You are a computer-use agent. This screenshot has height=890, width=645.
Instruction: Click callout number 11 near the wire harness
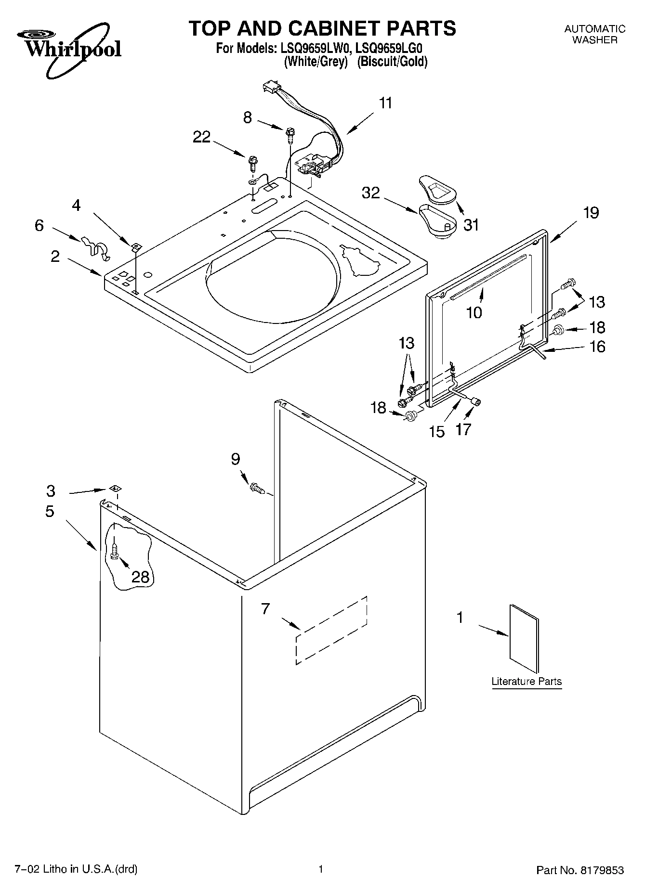[x=385, y=103]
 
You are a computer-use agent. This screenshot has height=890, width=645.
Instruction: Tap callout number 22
[x=202, y=137]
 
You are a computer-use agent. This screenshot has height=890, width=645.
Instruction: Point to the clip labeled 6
[x=95, y=246]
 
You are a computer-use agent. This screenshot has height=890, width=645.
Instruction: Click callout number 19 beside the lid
[x=591, y=212]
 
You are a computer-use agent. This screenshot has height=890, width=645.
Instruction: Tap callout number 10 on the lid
[x=474, y=312]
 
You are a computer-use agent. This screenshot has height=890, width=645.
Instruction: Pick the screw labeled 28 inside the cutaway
[x=114, y=550]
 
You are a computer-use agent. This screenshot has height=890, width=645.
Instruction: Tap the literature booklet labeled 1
[x=524, y=638]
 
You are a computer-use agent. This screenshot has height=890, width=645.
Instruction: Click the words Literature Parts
[x=527, y=682]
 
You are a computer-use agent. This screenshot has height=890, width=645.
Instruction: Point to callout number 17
[x=463, y=429]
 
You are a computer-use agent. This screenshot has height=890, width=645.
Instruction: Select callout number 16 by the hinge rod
[x=597, y=347]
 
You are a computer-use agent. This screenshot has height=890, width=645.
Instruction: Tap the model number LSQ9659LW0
[x=309, y=49]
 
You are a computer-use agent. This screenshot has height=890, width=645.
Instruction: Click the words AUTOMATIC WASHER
[x=595, y=34]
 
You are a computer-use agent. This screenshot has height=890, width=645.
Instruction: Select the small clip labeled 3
[x=114, y=488]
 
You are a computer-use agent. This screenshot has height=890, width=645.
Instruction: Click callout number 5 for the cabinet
[x=50, y=511]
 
